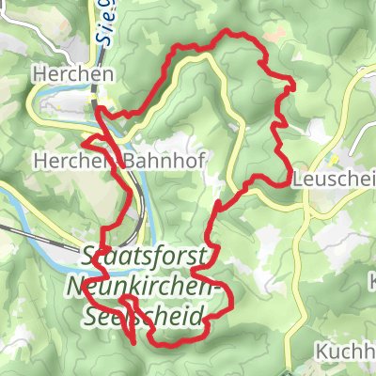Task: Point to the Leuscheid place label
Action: pos(334,178)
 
